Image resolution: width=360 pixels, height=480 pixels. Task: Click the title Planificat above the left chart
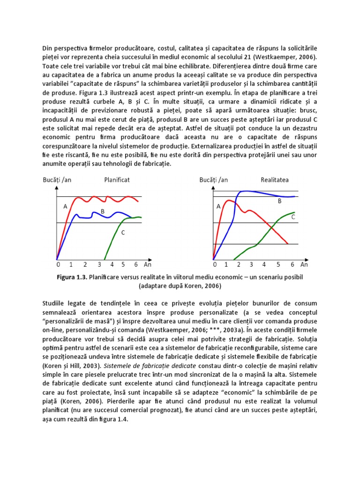tap(117, 180)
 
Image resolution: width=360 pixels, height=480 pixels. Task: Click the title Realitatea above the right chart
tap(275, 180)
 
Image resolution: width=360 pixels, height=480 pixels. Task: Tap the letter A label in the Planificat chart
tap(65, 206)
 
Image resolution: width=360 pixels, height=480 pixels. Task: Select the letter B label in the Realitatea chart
tap(280, 201)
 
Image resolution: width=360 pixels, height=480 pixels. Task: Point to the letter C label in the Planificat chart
tap(123, 232)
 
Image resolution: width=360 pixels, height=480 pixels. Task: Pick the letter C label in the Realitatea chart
tap(293, 217)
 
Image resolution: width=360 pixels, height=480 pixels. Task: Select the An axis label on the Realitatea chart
tap(304, 264)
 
